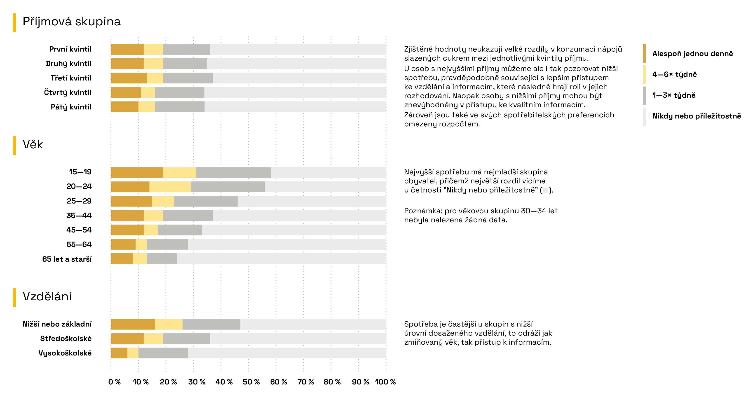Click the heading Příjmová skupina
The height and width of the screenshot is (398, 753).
tap(72, 22)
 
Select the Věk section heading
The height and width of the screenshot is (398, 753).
tap(33, 144)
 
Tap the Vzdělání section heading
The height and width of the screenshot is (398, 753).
tap(47, 296)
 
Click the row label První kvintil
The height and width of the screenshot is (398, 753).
tap(70, 49)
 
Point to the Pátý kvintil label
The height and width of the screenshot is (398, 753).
tap(71, 107)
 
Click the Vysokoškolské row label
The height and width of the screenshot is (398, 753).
tap(65, 353)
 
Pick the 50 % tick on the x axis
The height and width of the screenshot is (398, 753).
tap(251, 382)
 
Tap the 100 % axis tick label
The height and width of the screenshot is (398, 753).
tap(385, 382)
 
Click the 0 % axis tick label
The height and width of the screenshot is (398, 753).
tap(114, 382)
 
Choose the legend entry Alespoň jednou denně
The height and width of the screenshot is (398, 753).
tap(692, 54)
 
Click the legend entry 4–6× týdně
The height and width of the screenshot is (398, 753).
tap(674, 75)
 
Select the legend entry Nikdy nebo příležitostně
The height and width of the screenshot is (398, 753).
tap(697, 116)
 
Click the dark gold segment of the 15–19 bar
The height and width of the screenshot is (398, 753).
tap(137, 173)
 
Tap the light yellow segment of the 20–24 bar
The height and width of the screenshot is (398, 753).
tap(170, 187)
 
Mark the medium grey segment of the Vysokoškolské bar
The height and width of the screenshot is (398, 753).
tap(163, 353)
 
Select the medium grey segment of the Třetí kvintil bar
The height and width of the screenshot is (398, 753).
tap(188, 78)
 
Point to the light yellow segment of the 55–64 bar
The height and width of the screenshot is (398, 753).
tap(141, 244)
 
